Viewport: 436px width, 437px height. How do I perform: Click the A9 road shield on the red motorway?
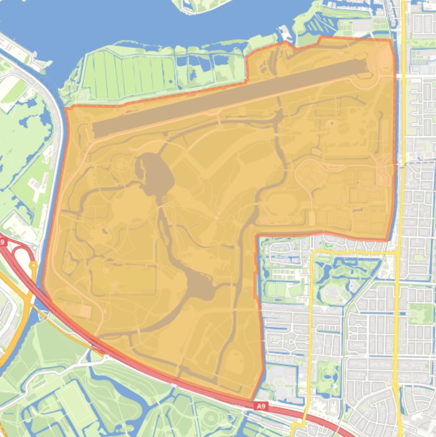pos(261,406)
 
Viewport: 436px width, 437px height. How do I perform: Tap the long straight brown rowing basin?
pos(227,100)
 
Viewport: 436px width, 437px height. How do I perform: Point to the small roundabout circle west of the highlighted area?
pos(33,264)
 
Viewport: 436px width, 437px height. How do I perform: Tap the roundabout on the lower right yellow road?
pos(395,385)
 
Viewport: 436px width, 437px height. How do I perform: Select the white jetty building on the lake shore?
pos(285,34)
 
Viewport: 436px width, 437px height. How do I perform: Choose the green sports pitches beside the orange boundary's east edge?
pos(278,289)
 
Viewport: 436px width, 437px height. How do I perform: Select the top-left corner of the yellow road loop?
pos(311,252)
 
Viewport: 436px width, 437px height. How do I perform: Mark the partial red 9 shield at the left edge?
pos(2,242)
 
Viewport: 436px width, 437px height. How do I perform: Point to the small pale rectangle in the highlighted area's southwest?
pos(85,310)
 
